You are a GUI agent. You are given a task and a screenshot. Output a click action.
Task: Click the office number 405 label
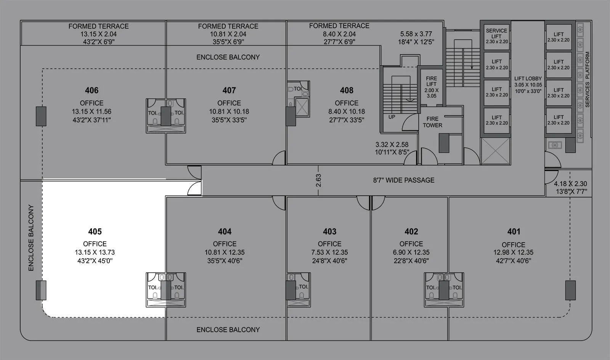tap(95, 231)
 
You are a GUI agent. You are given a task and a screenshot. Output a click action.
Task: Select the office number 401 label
tap(514, 231)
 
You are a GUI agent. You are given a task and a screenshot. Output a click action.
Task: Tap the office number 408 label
tap(347, 90)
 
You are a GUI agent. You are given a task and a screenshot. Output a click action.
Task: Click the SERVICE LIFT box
tap(496, 36)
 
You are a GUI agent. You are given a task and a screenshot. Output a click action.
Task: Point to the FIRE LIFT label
tap(432, 81)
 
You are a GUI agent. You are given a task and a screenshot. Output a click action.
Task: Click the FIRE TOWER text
tap(432, 122)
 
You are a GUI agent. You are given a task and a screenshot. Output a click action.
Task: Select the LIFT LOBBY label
tap(528, 79)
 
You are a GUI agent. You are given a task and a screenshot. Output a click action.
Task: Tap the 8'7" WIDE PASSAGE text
tap(404, 180)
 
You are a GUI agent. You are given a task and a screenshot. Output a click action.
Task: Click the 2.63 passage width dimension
tap(319, 180)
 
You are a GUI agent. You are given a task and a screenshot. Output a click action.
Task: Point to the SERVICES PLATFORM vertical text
tap(587, 79)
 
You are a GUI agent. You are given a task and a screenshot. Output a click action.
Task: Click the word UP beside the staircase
tap(392, 117)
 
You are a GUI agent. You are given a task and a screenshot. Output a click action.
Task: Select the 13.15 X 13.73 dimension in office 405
tap(95, 252)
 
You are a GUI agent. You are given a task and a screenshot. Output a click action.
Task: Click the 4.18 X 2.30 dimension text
tap(570, 183)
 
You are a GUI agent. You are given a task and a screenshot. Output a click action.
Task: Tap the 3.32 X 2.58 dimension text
tap(392, 145)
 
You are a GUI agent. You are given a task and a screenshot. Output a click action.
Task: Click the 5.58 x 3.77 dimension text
tap(416, 34)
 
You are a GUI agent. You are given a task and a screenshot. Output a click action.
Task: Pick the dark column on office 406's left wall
tap(41, 116)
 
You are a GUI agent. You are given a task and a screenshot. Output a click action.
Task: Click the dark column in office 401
tap(570, 290)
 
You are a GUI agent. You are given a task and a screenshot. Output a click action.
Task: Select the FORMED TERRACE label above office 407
tap(228, 26)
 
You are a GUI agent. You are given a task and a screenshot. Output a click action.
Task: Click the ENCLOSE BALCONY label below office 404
tap(228, 329)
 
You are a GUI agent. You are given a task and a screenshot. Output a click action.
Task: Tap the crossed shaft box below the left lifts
tap(495, 151)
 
